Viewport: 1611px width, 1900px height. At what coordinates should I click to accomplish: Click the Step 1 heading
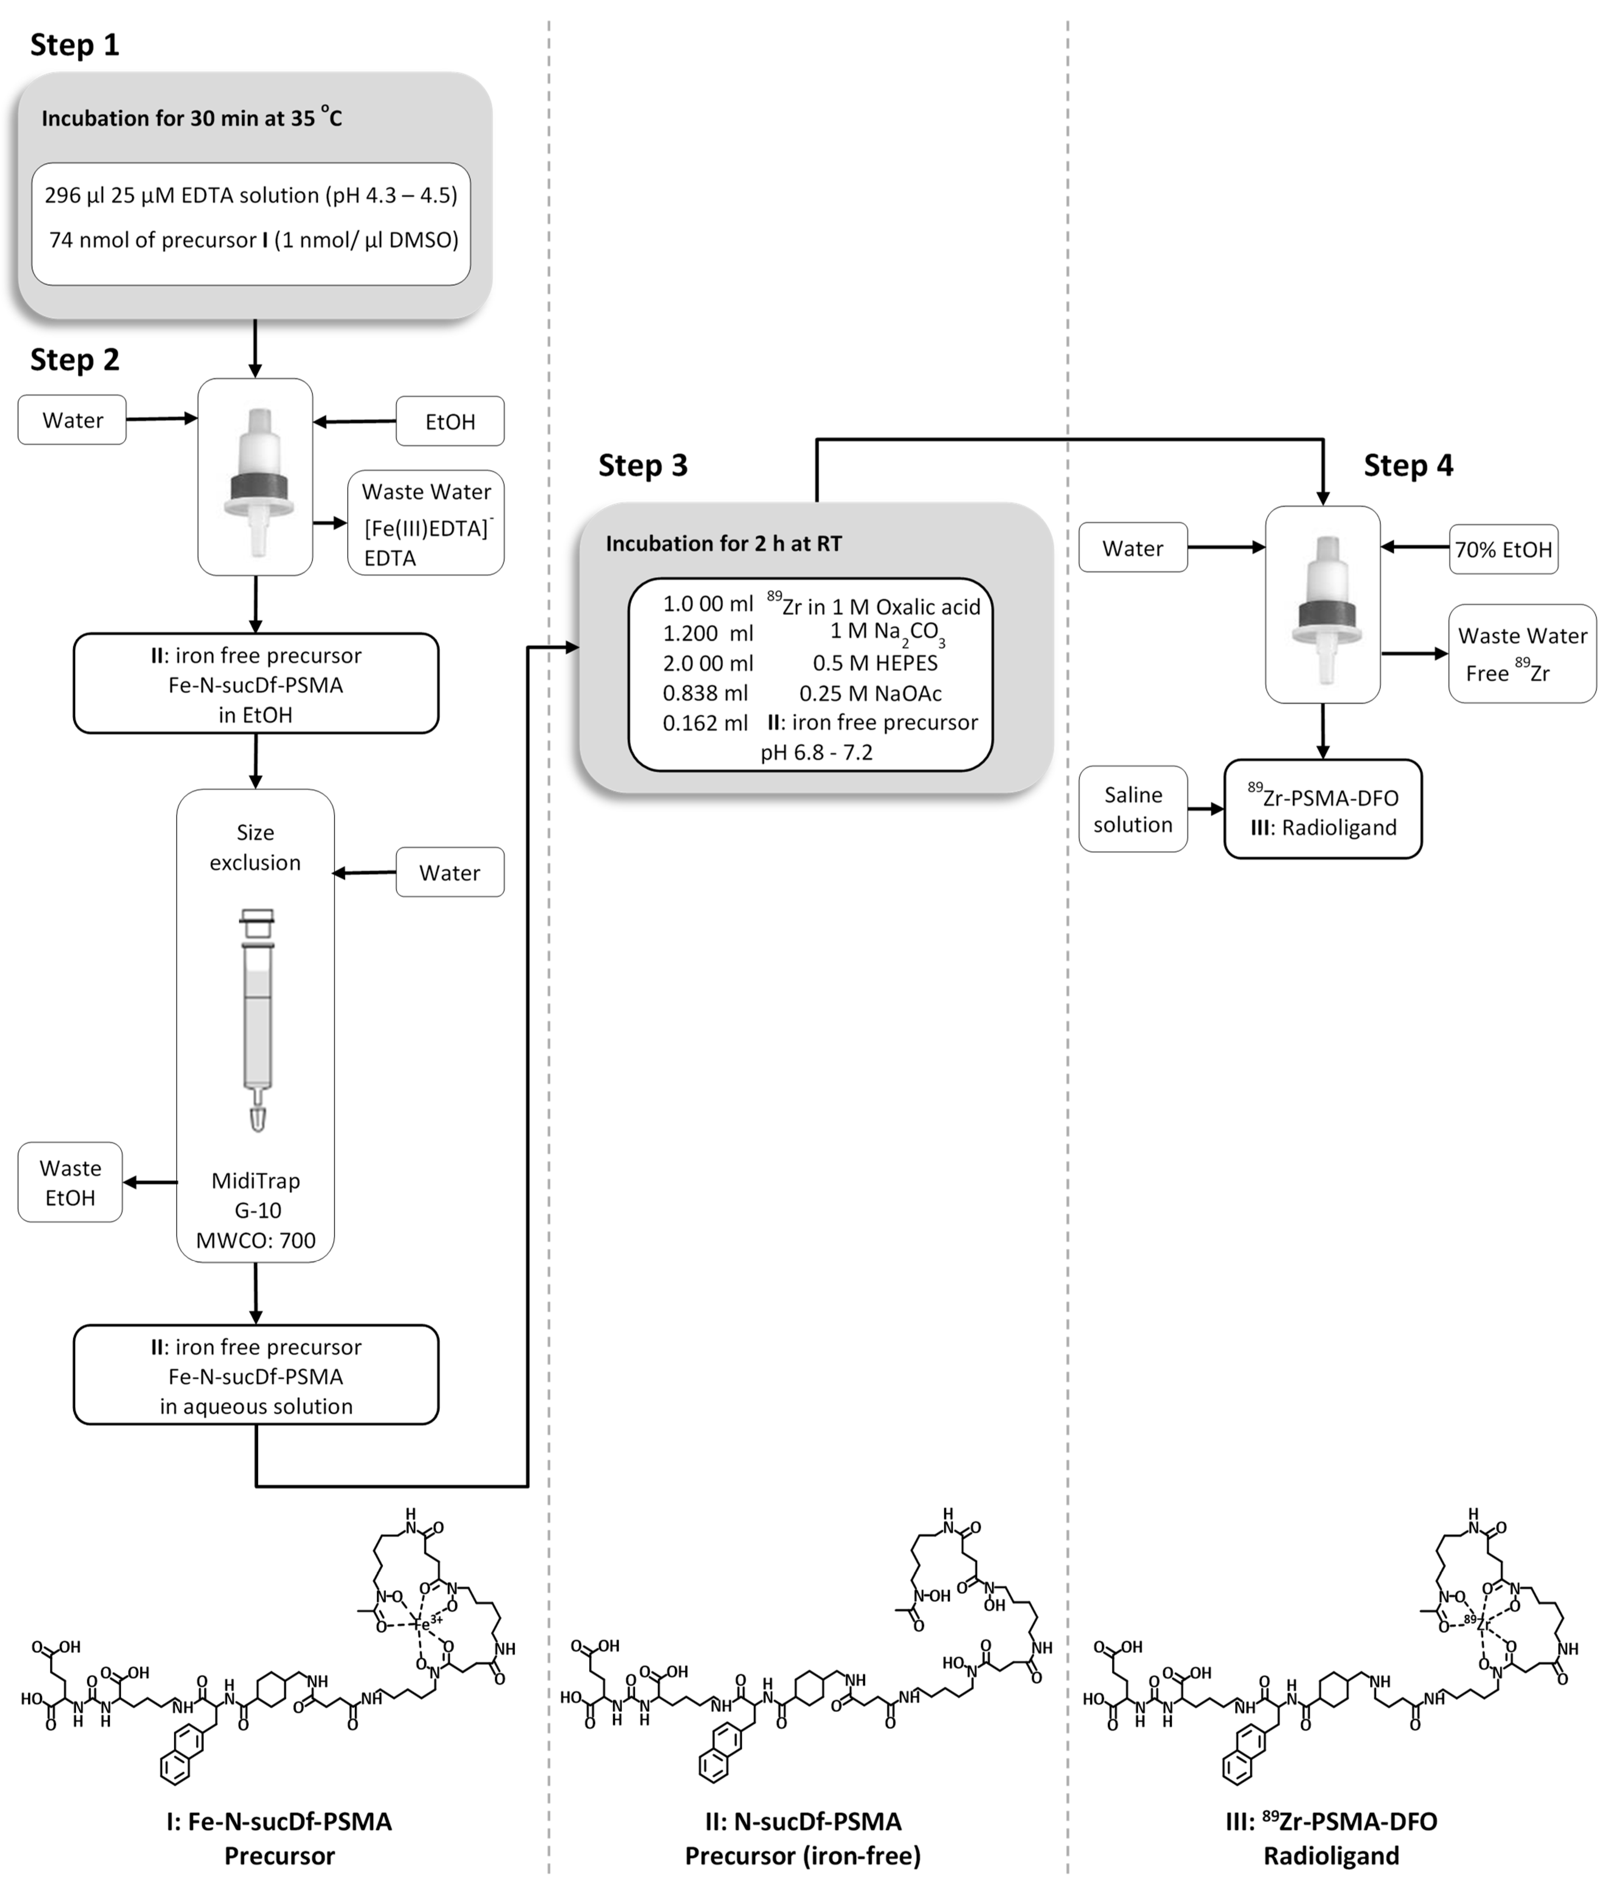[75, 45]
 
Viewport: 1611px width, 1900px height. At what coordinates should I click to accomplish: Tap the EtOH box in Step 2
[449, 421]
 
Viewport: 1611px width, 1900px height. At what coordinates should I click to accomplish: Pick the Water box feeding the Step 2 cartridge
[72, 420]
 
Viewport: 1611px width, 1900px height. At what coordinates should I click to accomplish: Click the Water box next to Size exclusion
[449, 872]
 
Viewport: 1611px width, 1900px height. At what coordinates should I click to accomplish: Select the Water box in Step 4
[1132, 548]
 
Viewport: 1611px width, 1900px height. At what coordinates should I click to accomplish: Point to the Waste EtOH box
[70, 1182]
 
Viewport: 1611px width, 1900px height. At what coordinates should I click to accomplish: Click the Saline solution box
[1132, 809]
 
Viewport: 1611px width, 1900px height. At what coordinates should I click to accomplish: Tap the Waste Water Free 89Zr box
[1521, 654]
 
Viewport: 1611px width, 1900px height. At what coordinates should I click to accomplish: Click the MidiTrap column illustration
[257, 1018]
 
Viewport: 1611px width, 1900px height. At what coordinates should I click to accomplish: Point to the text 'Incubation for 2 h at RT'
[723, 543]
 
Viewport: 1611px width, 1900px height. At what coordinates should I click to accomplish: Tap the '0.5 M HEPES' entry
[875, 663]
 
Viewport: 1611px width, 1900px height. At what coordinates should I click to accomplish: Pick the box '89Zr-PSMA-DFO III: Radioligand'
[1322, 810]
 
